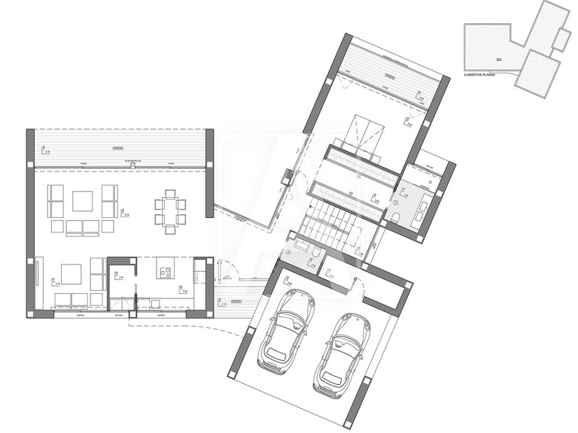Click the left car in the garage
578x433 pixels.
pos(286,329)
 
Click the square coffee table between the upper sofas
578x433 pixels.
pos(82,201)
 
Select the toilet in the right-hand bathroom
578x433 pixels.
pos(396,219)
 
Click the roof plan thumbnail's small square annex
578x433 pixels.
pos(560,39)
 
